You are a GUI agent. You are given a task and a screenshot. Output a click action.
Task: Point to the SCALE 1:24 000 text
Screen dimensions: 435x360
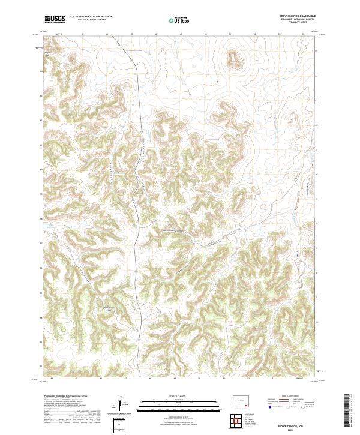click(172, 394)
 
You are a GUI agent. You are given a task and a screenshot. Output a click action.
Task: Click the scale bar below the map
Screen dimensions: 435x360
click(172, 401)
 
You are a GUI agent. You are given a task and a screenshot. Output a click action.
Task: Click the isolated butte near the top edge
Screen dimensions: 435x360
click(232, 58)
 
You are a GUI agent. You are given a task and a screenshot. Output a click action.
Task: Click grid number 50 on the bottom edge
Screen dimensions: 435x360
click(199, 379)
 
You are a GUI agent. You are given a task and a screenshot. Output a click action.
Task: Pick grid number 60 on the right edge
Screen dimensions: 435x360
click(317, 51)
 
